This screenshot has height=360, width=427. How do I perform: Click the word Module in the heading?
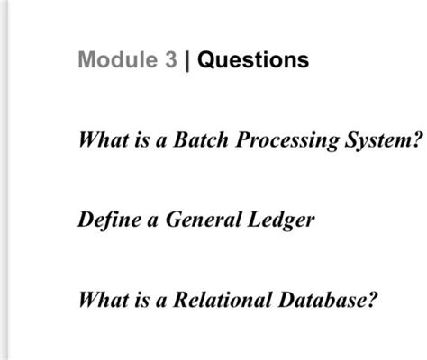(111, 61)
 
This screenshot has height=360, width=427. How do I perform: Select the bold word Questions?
(252, 61)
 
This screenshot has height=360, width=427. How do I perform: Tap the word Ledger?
(280, 220)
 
